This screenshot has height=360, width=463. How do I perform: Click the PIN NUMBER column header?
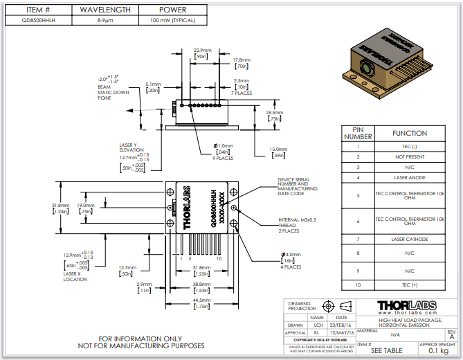pos(358,132)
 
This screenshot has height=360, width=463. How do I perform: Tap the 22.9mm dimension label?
pos(201,51)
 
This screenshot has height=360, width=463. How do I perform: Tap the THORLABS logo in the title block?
pos(408,306)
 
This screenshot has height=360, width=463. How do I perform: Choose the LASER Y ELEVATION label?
pos(132,149)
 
